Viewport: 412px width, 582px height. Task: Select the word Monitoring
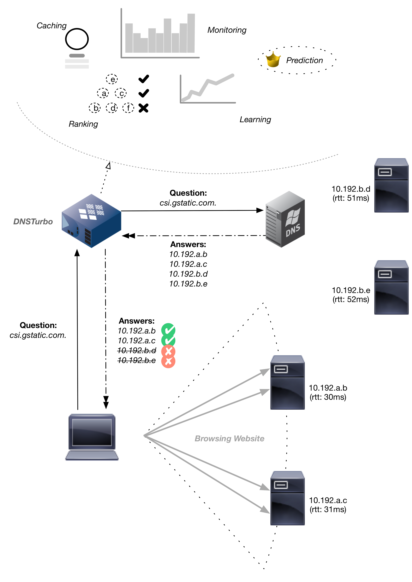[227, 30]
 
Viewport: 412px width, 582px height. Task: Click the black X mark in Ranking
[144, 108]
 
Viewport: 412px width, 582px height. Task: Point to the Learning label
[255, 119]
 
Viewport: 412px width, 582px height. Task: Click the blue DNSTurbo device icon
[91, 221]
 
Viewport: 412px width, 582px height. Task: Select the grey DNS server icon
[285, 219]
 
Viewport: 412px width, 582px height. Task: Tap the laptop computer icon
[92, 437]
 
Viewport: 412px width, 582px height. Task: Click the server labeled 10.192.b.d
[391, 185]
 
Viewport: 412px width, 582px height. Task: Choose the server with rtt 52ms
[391, 287]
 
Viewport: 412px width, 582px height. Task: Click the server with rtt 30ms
[287, 382]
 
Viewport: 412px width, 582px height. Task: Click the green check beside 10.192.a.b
[168, 330]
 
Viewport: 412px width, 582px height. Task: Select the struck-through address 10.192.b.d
[137, 350]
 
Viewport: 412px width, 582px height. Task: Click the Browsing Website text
[229, 438]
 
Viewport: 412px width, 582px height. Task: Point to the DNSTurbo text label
[33, 222]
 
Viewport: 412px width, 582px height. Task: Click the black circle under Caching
[77, 39]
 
